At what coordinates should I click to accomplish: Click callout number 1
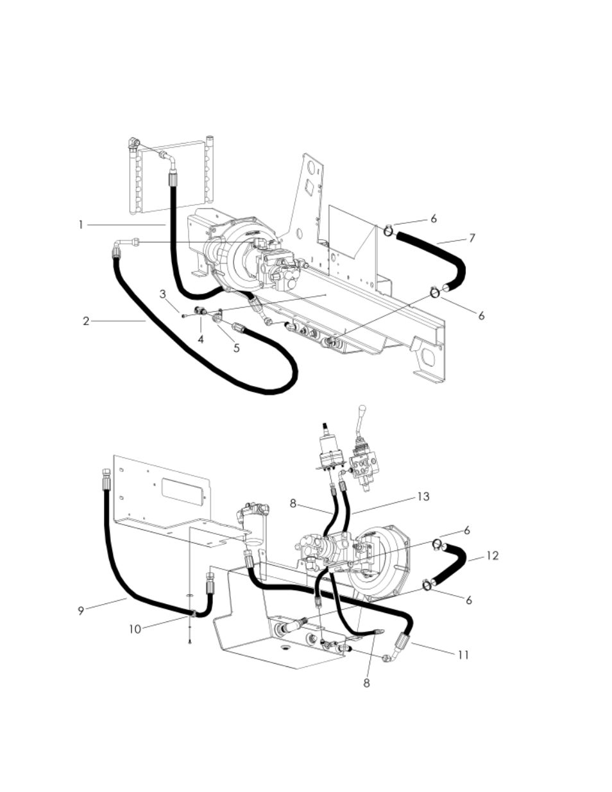tap(81, 225)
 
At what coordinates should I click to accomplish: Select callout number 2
tap(86, 321)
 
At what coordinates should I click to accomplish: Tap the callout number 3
tap(162, 294)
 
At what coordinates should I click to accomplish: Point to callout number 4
tap(201, 339)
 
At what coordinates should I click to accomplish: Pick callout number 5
tap(237, 348)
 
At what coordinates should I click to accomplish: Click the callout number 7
tap(472, 238)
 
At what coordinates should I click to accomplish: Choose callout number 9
tap(81, 611)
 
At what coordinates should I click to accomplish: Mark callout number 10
tap(135, 630)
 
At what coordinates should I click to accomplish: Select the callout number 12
tap(492, 557)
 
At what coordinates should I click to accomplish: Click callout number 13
tap(423, 497)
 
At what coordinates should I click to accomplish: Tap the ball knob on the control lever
tap(362, 408)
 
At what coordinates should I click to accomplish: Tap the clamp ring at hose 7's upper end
tap(389, 231)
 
